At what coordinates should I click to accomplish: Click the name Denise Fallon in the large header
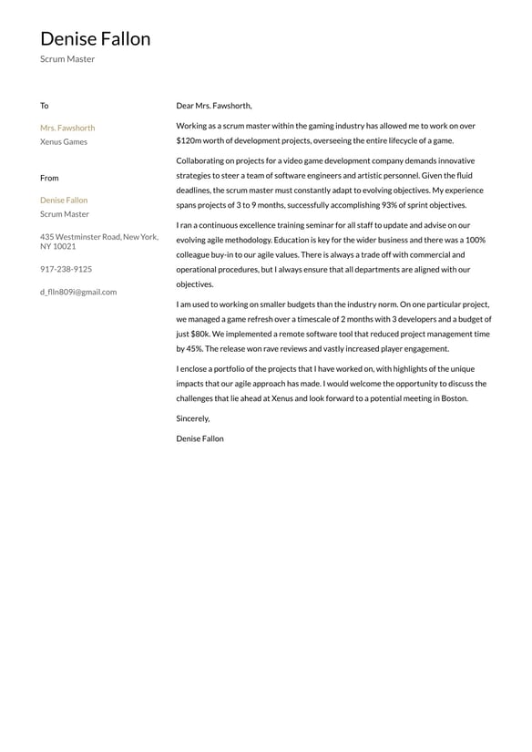click(95, 39)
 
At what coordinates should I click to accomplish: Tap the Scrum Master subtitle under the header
click(67, 59)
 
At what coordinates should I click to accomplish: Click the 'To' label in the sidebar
click(44, 106)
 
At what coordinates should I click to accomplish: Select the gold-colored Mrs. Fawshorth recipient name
click(67, 128)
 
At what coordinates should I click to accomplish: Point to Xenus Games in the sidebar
click(64, 142)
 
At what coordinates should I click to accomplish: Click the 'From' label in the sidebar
click(49, 178)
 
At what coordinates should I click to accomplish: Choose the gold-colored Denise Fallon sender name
click(64, 200)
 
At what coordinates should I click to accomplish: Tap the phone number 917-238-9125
click(66, 269)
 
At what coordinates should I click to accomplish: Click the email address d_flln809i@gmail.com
click(78, 292)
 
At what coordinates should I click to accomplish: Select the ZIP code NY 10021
click(58, 247)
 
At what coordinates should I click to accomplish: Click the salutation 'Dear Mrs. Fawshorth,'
click(214, 106)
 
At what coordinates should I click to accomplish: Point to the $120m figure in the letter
click(189, 141)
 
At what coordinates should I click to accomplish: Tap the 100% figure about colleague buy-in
click(475, 240)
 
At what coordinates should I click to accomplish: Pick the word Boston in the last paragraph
click(453, 398)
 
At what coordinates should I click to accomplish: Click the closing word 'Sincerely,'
click(193, 418)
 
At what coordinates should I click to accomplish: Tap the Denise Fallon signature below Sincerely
click(199, 438)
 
